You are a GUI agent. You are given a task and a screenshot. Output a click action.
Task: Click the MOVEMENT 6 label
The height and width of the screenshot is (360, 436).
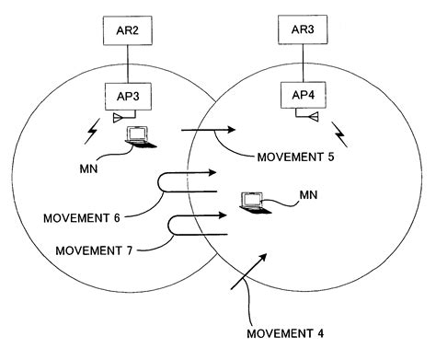click(81, 217)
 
